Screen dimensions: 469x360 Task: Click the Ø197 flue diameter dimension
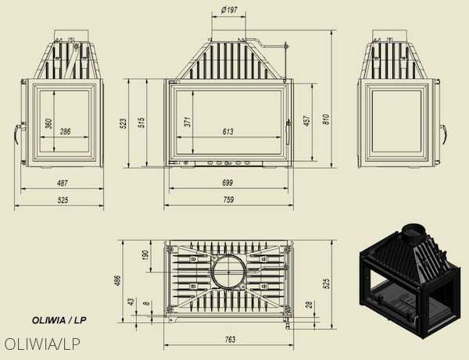point(229,10)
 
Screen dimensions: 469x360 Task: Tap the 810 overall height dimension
point(326,119)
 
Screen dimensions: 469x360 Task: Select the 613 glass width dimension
point(228,131)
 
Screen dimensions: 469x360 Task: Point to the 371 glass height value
point(188,122)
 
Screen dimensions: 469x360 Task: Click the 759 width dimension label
point(228,200)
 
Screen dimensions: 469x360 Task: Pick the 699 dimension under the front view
point(227,183)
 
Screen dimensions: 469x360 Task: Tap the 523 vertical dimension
point(123,123)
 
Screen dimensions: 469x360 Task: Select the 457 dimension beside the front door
point(307,120)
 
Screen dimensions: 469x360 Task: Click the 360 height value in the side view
point(49,123)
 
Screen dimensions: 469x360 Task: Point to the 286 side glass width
point(65,131)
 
